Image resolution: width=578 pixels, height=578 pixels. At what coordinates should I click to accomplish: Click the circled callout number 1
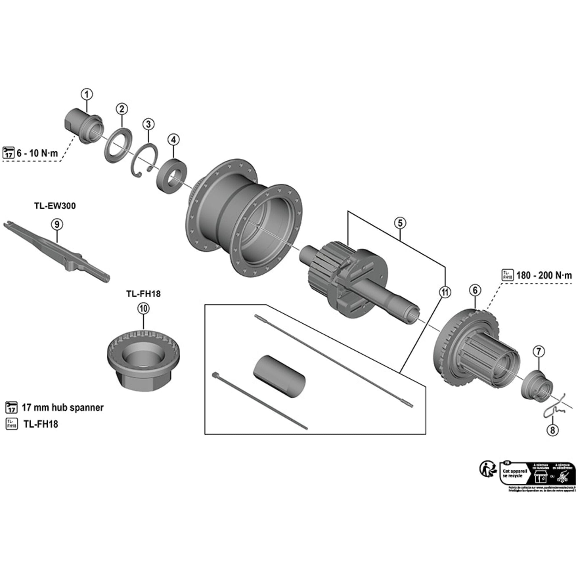tap(87, 94)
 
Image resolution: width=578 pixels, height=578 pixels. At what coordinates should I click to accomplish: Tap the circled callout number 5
tap(400, 223)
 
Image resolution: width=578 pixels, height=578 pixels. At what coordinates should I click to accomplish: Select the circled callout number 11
tap(445, 292)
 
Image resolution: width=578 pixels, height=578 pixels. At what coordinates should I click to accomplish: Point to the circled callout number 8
tap(552, 430)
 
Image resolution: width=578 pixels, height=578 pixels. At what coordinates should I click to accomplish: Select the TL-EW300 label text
tap(54, 206)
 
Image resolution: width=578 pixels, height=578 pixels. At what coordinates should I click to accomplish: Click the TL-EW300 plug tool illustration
tap(57, 251)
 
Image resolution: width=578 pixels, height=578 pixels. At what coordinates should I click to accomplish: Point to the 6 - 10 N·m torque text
tap(37, 153)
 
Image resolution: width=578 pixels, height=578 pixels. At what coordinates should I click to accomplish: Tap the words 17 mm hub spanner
tap(62, 407)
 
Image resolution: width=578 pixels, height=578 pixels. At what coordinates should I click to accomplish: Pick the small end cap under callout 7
tap(537, 386)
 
